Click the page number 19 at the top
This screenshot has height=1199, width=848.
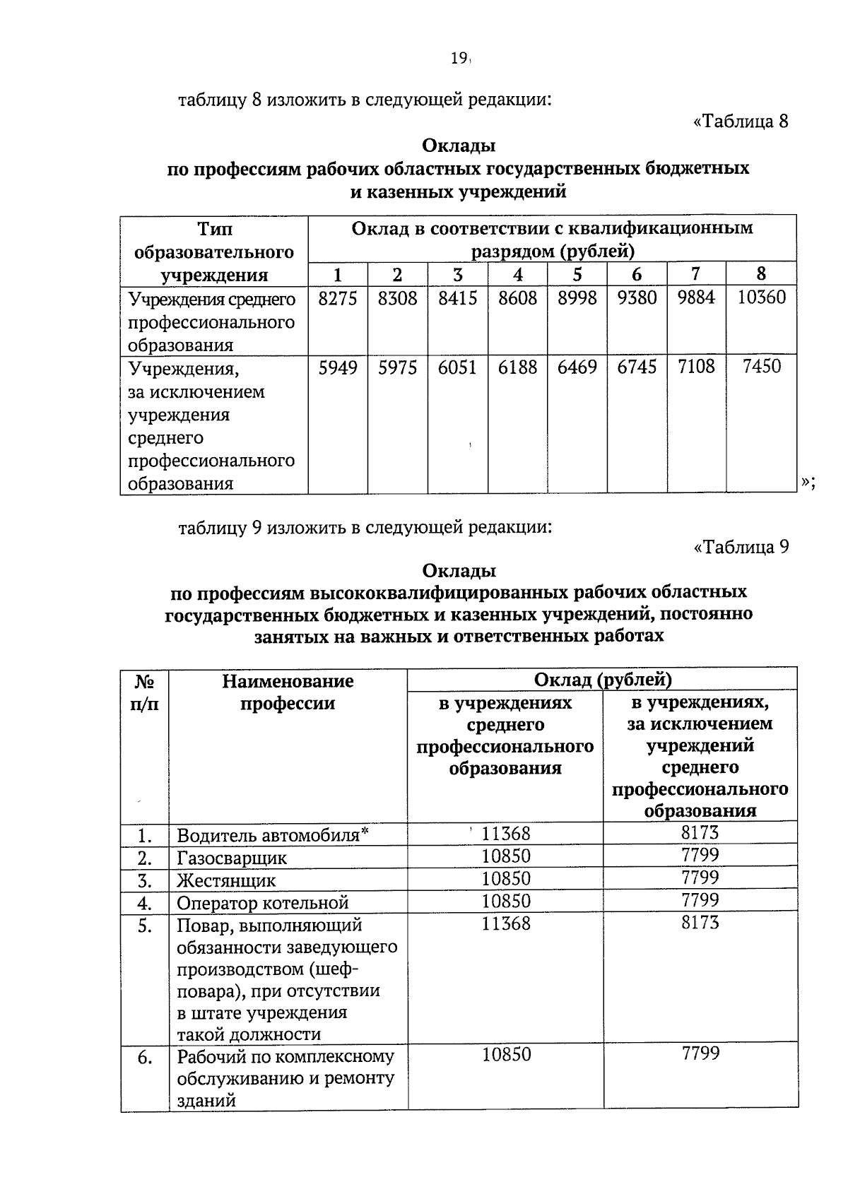(459, 59)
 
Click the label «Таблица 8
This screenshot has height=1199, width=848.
(741, 122)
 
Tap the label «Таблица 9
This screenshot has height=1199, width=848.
(741, 547)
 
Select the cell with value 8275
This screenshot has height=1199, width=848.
(338, 297)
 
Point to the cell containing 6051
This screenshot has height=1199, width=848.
(457, 367)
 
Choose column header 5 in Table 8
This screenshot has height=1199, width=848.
(577, 274)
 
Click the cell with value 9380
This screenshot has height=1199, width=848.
(637, 297)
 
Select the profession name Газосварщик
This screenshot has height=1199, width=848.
(232, 858)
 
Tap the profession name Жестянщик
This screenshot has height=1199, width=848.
(226, 880)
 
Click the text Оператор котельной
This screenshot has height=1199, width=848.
(263, 903)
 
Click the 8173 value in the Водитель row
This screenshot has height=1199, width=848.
(700, 832)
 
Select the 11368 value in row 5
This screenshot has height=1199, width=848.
(505, 923)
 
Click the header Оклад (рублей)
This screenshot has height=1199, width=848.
(602, 679)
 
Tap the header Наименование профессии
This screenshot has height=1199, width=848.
(288, 692)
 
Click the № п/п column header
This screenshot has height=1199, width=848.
(145, 692)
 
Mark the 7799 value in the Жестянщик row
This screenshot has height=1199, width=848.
(700, 878)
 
